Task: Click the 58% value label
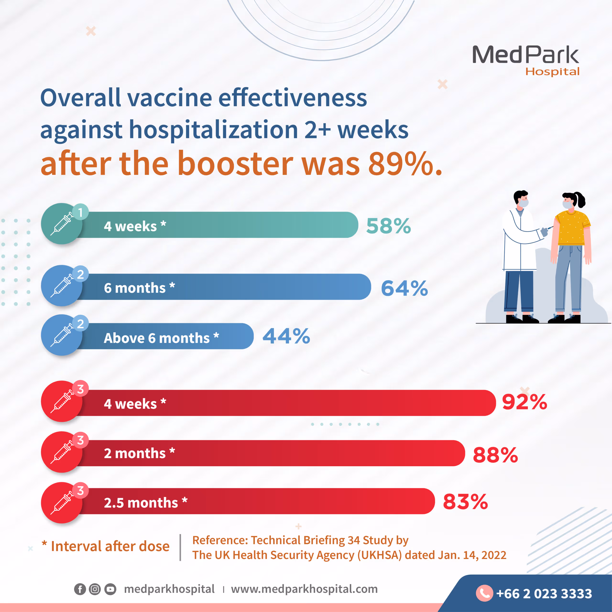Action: click(x=388, y=226)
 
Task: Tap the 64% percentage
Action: click(x=404, y=288)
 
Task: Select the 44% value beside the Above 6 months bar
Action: click(x=286, y=336)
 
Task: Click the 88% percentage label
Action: click(x=495, y=455)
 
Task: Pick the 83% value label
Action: click(x=465, y=502)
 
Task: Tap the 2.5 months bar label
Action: click(x=145, y=503)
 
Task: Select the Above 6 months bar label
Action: click(x=161, y=338)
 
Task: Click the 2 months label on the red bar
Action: click(x=139, y=453)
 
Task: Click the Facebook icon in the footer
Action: click(x=80, y=589)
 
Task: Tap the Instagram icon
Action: click(x=95, y=589)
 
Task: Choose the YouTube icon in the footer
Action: click(x=110, y=589)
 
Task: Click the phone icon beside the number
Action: click(x=484, y=593)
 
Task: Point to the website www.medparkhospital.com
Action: click(x=304, y=589)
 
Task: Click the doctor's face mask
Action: click(x=524, y=203)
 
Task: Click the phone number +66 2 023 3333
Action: click(x=544, y=594)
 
